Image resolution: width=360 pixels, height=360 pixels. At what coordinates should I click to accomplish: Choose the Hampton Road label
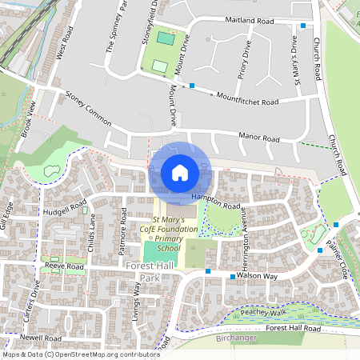click(216, 201)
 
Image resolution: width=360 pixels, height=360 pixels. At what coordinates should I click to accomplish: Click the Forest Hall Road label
click(294, 329)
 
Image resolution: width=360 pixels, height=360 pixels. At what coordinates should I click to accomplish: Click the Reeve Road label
click(65, 266)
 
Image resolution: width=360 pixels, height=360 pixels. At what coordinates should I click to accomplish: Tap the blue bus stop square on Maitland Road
click(302, 26)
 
